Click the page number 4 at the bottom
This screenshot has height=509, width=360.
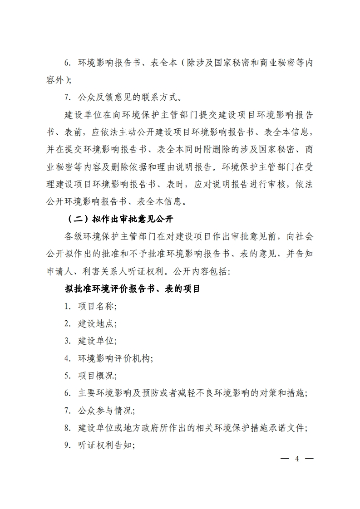pyautogui.click(x=297, y=458)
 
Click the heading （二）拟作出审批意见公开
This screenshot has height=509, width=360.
pyautogui.click(x=121, y=219)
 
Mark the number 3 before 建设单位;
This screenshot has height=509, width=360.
pyautogui.click(x=66, y=341)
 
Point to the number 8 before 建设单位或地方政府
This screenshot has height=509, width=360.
pyautogui.click(x=66, y=428)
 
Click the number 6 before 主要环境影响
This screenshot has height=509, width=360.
pyautogui.click(x=66, y=393)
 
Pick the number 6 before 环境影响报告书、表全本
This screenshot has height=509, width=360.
pyautogui.click(x=66, y=63)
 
